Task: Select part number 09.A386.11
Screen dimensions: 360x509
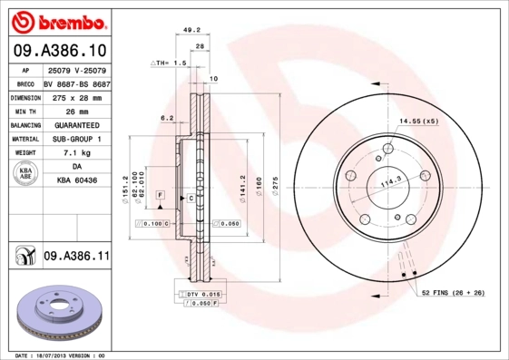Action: click(x=76, y=257)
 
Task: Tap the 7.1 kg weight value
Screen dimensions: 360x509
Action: click(x=76, y=154)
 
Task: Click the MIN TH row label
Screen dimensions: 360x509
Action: click(x=24, y=111)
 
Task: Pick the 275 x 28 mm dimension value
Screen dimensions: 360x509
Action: click(x=76, y=96)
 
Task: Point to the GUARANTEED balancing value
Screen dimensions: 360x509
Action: click(x=76, y=125)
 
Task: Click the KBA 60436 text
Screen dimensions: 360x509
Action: click(x=76, y=182)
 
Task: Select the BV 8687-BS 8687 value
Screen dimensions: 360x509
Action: click(x=76, y=82)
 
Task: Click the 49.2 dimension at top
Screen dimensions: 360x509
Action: click(x=191, y=29)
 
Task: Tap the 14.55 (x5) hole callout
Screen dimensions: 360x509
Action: click(x=418, y=121)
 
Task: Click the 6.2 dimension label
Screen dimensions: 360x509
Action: click(x=167, y=118)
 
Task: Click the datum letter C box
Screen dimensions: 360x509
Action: click(x=191, y=197)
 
